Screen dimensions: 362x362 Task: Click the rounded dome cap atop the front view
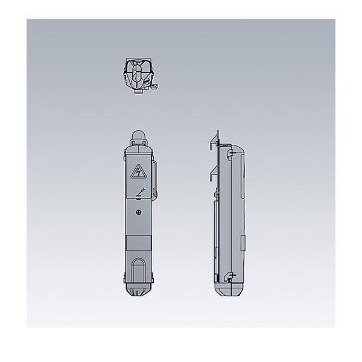pyautogui.click(x=138, y=135)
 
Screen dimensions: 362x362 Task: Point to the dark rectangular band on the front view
pyautogui.click(x=139, y=245)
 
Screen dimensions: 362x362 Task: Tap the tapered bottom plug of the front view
pyautogui.click(x=139, y=292)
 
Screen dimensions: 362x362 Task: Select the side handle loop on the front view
pyautogui.click(x=155, y=179)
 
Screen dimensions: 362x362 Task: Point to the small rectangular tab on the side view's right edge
pyautogui.click(x=243, y=245)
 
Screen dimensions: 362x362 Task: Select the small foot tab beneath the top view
pyautogui.click(x=138, y=92)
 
